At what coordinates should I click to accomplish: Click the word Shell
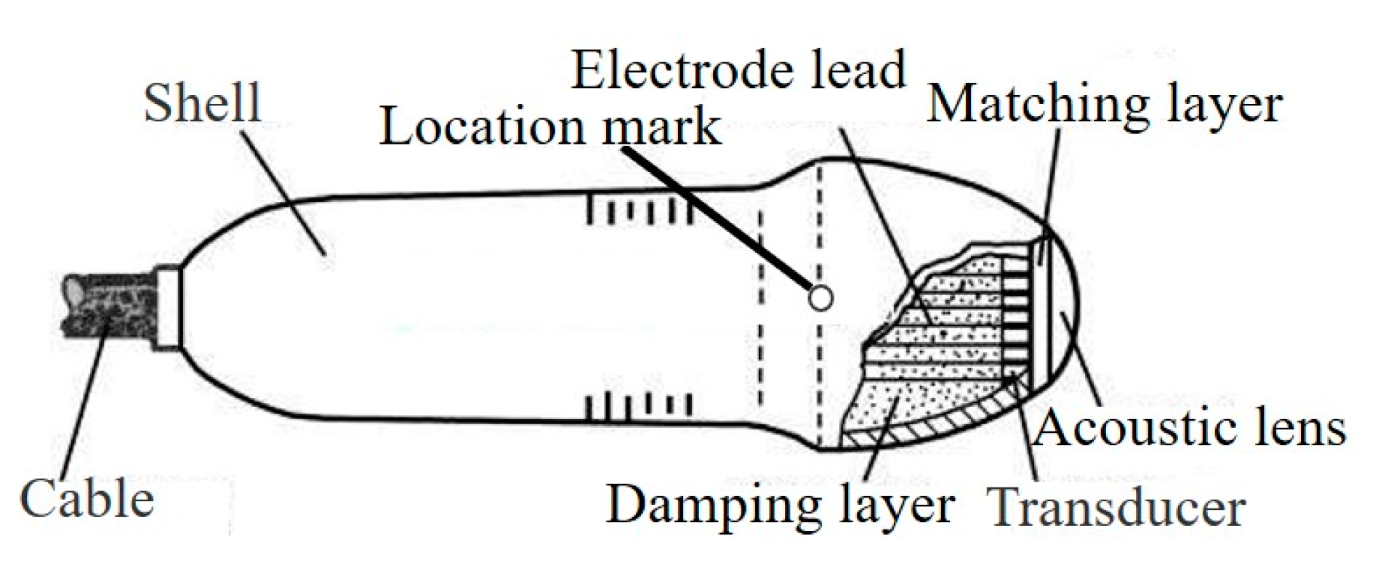[202, 103]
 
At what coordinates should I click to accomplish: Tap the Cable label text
[87, 500]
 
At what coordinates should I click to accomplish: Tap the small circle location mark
[820, 298]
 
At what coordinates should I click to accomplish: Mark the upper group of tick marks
[639, 210]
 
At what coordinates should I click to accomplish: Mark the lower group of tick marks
[639, 406]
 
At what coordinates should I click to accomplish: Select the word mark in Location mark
[661, 127]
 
